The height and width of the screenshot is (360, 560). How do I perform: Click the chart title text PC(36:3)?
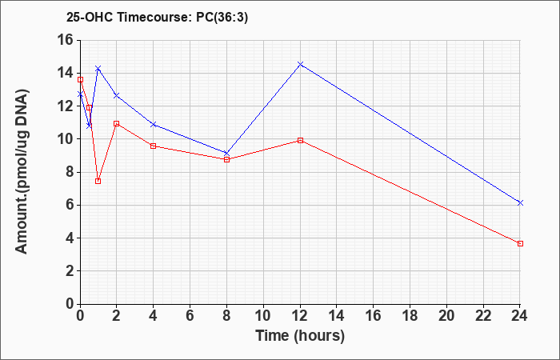tap(222, 17)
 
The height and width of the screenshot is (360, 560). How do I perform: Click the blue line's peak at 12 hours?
tap(300, 64)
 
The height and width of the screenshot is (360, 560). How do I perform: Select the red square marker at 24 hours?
tap(520, 243)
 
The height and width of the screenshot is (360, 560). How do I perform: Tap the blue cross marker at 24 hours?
tap(520, 203)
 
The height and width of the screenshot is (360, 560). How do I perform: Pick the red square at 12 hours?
tap(300, 140)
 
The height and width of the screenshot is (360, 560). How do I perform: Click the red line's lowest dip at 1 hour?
tap(98, 181)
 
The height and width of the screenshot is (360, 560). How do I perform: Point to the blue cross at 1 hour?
tap(98, 68)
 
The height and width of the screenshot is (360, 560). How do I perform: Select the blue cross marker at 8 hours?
tap(226, 154)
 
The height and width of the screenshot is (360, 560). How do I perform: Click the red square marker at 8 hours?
tap(226, 160)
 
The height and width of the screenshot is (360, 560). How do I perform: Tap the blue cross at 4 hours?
tap(154, 124)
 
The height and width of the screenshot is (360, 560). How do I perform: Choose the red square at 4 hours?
tap(154, 146)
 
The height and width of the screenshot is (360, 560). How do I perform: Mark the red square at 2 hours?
tap(117, 123)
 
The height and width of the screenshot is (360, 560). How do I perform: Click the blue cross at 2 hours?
tap(117, 96)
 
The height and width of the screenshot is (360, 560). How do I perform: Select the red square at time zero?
tap(80, 80)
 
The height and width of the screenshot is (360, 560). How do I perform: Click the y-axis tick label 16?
tap(66, 40)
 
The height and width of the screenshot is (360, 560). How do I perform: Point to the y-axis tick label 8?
tap(70, 172)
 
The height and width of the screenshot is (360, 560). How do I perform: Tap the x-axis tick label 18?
tap(410, 316)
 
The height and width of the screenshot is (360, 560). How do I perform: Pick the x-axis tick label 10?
tap(263, 316)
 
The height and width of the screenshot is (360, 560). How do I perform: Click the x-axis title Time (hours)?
tap(300, 336)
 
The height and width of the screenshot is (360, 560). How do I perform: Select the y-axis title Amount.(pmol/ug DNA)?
tap(22, 172)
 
